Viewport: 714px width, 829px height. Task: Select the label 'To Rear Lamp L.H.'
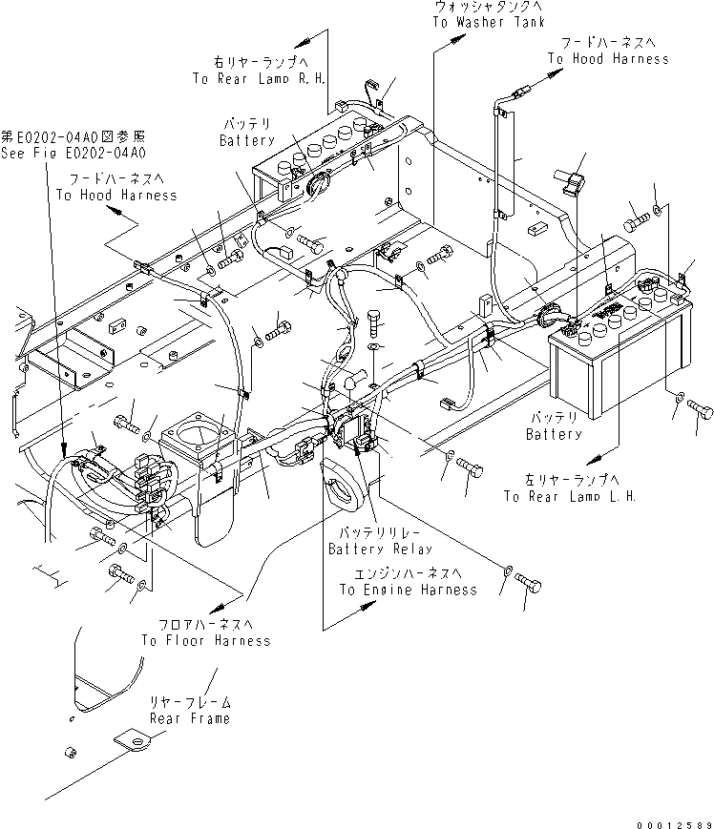pos(569,496)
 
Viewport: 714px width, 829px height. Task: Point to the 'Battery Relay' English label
pos(380,549)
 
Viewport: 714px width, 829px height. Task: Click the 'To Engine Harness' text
pos(408,590)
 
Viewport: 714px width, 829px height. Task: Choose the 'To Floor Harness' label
pos(206,640)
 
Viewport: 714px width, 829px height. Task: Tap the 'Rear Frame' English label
pos(188,717)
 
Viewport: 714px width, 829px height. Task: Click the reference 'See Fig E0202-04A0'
pos(73,153)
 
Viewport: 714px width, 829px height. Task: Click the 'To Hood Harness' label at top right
pos(608,59)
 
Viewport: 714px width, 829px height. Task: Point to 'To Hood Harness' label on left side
pos(116,195)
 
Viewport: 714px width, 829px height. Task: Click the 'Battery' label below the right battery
pos(554,434)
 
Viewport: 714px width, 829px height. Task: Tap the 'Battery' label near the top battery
pos(247,140)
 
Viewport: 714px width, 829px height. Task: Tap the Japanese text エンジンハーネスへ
pos(408,573)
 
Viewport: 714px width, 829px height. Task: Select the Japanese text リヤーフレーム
pos(188,701)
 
